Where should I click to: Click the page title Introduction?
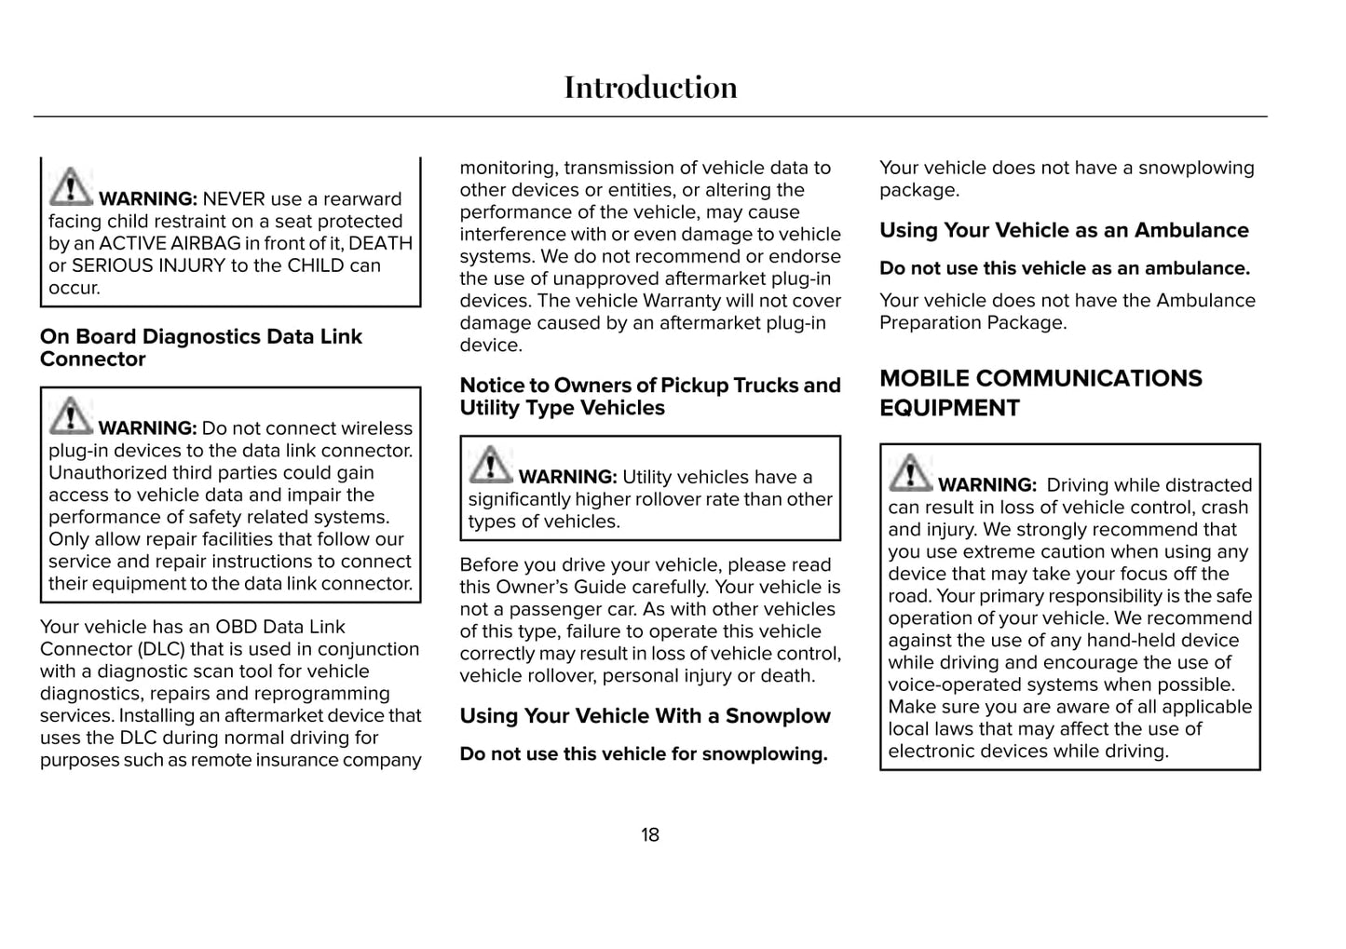(x=650, y=88)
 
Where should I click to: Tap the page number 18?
(x=650, y=834)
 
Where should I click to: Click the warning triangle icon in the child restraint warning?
(x=71, y=186)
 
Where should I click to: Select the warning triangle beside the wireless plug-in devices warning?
(x=71, y=415)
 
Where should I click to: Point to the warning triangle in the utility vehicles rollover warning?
(x=490, y=465)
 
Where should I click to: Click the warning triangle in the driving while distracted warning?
(x=910, y=472)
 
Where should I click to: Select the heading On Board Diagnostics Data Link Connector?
(x=200, y=347)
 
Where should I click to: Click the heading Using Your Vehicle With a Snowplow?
(x=645, y=716)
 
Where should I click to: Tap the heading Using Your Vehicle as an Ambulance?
(x=1064, y=230)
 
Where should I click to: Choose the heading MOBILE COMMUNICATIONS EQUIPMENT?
(x=1040, y=393)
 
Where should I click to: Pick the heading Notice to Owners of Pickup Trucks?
(x=650, y=397)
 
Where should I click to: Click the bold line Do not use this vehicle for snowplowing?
(x=644, y=754)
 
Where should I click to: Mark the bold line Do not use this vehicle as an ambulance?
(x=1065, y=268)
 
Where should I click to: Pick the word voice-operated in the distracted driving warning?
(x=946, y=685)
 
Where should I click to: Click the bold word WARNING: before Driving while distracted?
(x=986, y=485)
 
